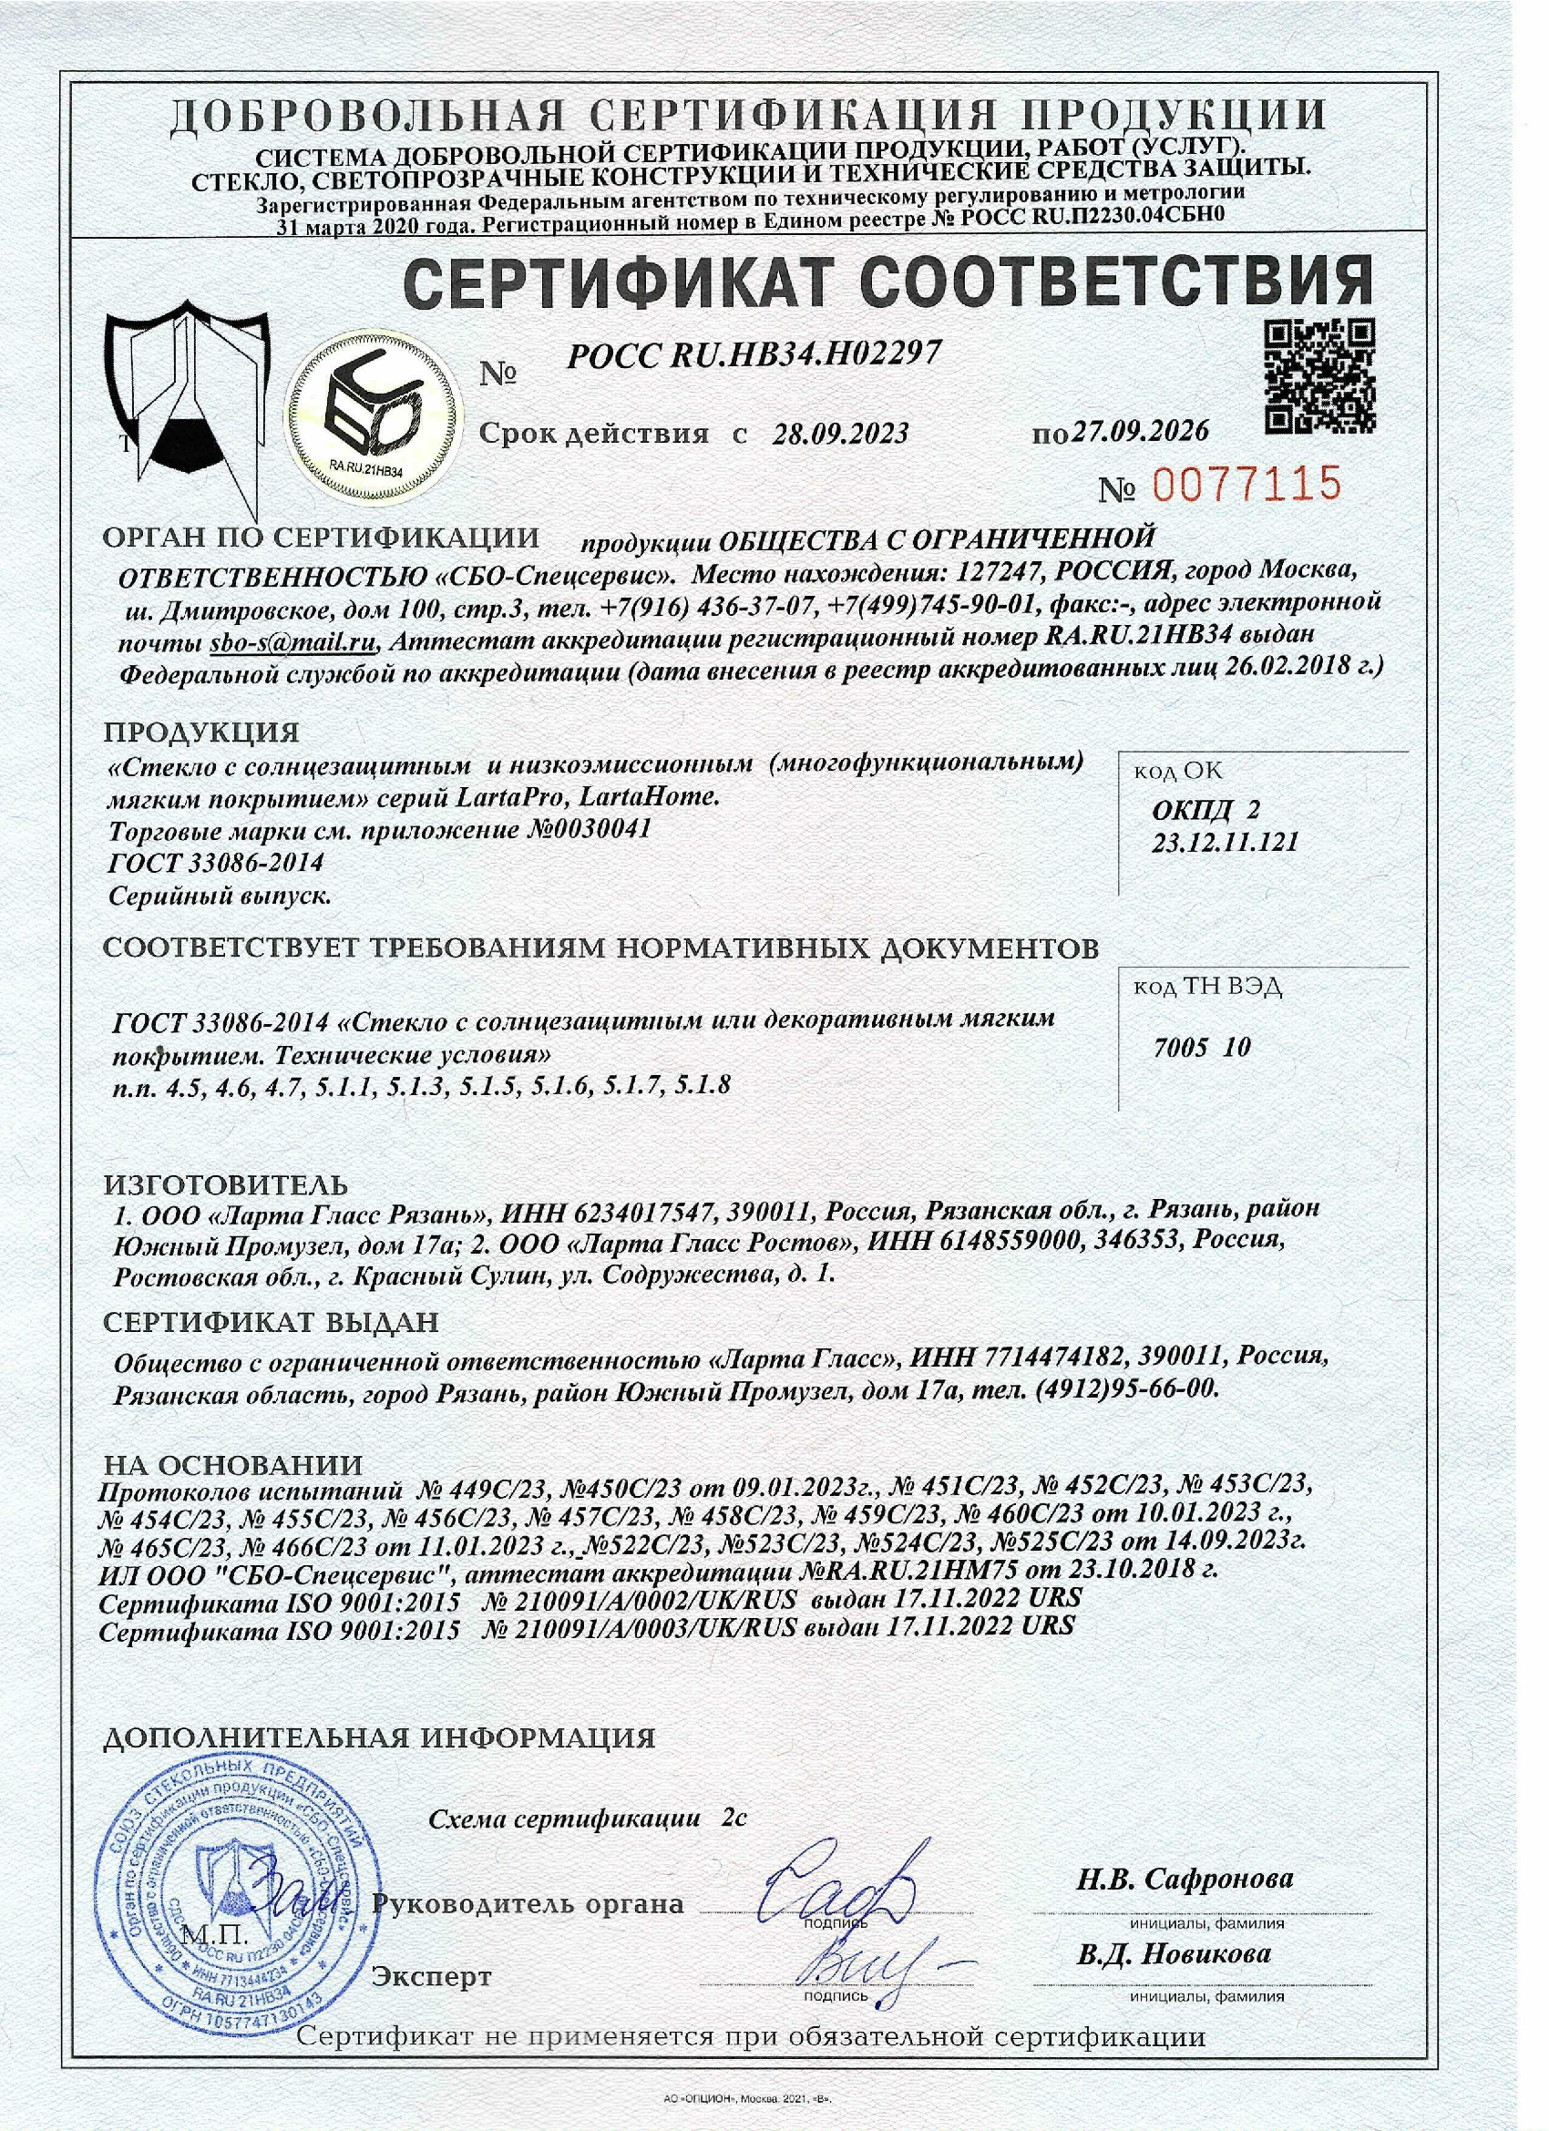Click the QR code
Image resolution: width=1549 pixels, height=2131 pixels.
click(x=1318, y=376)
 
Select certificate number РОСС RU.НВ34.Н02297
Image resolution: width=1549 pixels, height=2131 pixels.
click(x=754, y=354)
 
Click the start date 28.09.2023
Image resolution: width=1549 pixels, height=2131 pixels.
click(x=840, y=433)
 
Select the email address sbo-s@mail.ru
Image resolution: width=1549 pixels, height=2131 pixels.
click(x=293, y=643)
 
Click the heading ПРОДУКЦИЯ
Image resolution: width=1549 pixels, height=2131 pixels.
click(x=201, y=732)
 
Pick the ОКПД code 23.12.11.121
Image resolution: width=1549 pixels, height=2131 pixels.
click(x=1225, y=842)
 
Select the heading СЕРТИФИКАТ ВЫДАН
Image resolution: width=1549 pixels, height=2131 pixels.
click(x=271, y=1323)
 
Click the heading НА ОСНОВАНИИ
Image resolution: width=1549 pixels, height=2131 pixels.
click(x=232, y=1465)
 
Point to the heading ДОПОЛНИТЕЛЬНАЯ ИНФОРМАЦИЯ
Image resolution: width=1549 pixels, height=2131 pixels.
click(x=379, y=1737)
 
